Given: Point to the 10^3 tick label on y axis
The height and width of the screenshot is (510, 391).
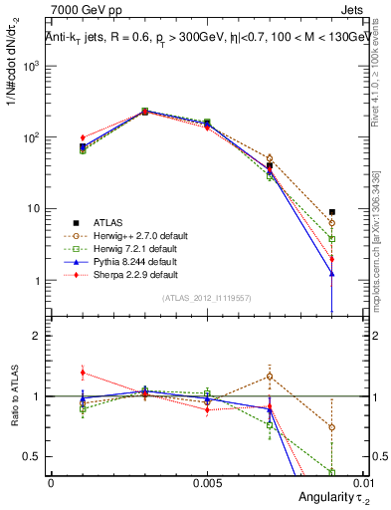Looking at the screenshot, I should pyautogui.click(x=32, y=66).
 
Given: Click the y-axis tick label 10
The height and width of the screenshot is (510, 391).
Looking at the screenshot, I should pyautogui.click(x=33, y=209).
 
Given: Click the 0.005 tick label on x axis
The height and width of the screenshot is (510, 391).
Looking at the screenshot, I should pyautogui.click(x=207, y=481).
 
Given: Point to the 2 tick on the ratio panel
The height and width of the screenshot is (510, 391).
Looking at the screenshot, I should pyautogui.click(x=37, y=336).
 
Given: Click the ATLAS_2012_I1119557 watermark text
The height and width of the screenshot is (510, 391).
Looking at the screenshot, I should pyautogui.click(x=208, y=298).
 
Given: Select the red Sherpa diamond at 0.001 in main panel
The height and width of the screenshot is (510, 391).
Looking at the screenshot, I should pyautogui.click(x=83, y=137).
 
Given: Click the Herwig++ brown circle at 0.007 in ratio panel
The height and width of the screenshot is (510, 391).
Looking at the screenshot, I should pyautogui.click(x=270, y=377).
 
